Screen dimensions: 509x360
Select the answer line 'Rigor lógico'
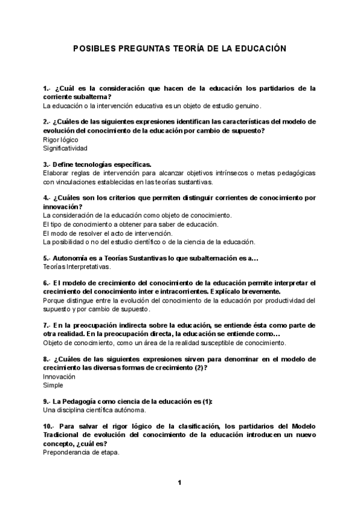61,139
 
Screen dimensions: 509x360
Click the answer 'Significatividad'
65,148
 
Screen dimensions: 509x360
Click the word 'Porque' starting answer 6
54,300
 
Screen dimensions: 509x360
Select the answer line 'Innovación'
59,376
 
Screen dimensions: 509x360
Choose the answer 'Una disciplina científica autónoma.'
94,410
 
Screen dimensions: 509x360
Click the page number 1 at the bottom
179,482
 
